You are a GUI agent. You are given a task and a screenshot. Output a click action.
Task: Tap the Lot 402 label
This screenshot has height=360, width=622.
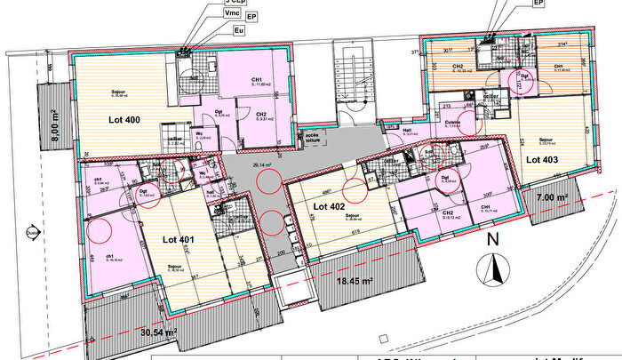331,206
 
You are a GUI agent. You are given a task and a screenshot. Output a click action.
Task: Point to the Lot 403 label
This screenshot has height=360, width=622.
543,160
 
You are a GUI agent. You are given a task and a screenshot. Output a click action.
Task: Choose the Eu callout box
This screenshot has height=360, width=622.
238,30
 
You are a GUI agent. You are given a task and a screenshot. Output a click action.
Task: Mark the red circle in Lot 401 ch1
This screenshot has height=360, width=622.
100,230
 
